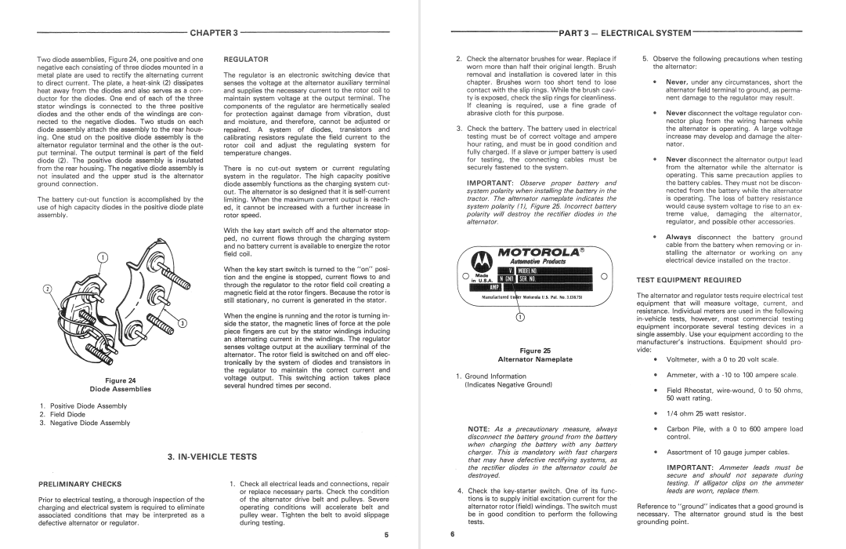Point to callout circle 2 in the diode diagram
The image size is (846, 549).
coord(46,288)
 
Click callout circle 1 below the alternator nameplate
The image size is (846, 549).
coord(521,317)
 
